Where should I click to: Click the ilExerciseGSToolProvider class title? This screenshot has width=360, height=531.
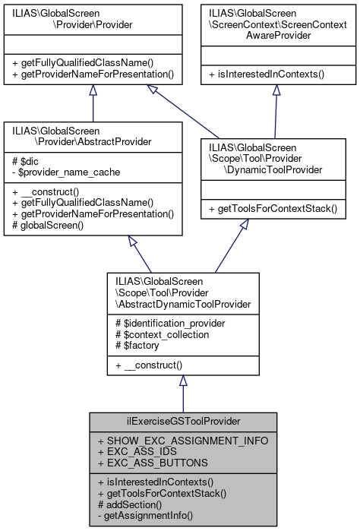[x=182, y=422]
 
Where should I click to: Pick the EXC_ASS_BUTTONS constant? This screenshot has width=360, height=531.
[x=147, y=463]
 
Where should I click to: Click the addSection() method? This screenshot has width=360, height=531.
[x=131, y=504]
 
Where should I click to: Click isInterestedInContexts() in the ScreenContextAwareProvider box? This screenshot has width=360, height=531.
[x=276, y=74]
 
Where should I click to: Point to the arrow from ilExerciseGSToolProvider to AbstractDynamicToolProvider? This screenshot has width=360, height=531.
[x=182, y=392]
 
